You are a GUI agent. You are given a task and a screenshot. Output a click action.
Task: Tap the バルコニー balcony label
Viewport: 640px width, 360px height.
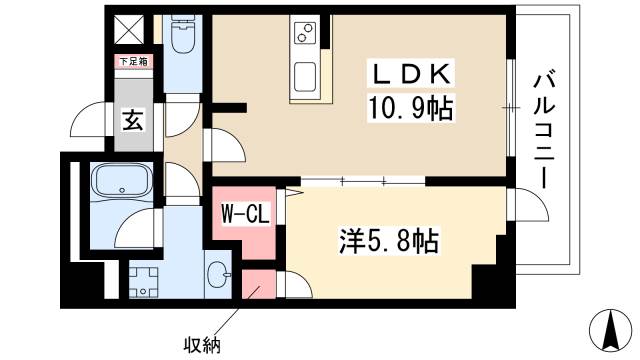[547, 128]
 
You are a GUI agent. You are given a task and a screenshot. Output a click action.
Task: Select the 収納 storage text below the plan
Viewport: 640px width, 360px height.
[202, 345]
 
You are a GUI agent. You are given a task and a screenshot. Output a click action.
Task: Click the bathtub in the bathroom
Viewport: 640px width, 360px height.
[121, 183]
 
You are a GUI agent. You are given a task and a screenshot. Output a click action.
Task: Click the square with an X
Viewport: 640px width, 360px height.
[127, 29]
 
